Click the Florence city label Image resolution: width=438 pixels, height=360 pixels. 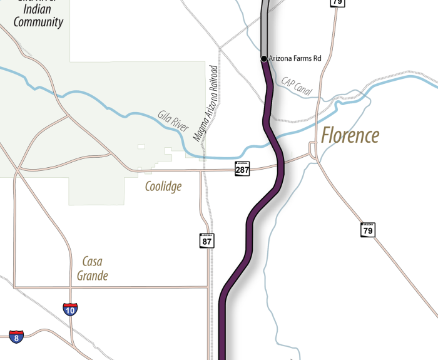point(350,135)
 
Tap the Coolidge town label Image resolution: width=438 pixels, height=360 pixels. point(163,187)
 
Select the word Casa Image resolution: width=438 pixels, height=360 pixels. point(92,262)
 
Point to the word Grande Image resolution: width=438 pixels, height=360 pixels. point(92,275)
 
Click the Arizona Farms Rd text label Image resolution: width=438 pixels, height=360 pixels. point(295,58)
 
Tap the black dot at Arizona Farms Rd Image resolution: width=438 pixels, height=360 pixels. point(264,58)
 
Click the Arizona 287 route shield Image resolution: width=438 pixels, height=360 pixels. point(242,168)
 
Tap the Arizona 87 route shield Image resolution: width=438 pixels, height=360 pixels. point(207,240)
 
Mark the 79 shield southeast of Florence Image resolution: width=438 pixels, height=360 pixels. point(368,230)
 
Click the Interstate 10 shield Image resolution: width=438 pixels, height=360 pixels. point(71,309)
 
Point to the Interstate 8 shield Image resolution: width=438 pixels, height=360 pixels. point(17,337)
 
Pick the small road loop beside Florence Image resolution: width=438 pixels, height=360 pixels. point(312,150)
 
